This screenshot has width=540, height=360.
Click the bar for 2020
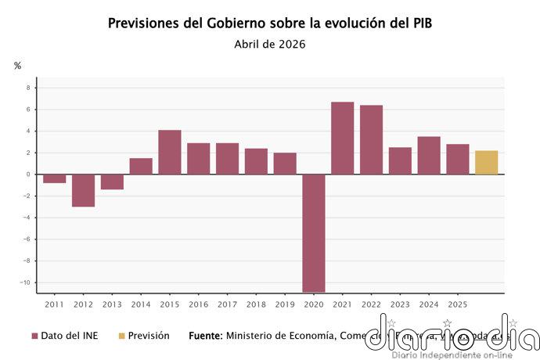tap(314, 232)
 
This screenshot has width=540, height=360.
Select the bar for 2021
tap(342, 138)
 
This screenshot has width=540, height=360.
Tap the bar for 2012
tap(83, 190)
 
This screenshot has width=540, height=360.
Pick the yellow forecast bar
tap(486, 162)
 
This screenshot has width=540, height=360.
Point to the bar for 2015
tap(170, 152)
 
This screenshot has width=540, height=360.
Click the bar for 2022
tap(371, 139)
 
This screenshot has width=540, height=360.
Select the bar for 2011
tap(55, 178)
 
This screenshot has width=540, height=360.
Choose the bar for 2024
tap(429, 155)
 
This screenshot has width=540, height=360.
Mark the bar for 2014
tap(141, 166)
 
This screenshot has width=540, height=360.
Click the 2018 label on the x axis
tap(256, 304)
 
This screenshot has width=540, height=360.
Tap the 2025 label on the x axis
tap(458, 304)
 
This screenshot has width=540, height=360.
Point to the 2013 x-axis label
tap(112, 304)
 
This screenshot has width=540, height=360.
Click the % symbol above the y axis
tap(17, 66)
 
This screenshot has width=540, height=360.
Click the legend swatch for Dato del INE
tap(34, 336)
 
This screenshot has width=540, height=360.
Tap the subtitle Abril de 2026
tap(269, 44)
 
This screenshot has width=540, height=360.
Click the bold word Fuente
tap(206, 336)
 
